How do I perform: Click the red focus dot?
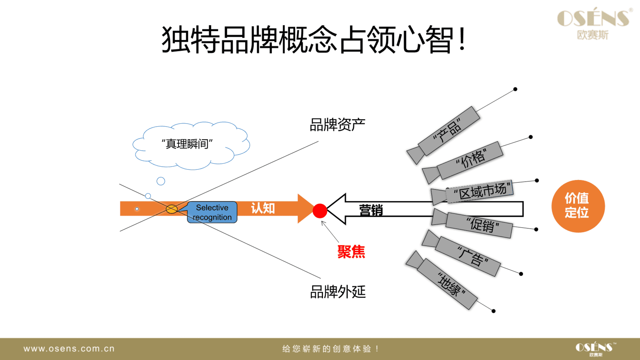click(x=320, y=211)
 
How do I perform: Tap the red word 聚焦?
click(x=351, y=252)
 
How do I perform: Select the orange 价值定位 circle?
click(x=578, y=206)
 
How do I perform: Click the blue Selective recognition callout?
click(x=212, y=212)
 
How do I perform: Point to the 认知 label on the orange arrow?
click(x=263, y=208)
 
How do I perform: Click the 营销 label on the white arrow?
click(x=371, y=210)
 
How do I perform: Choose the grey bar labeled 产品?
click(x=449, y=131)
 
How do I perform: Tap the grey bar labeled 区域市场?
click(x=479, y=191)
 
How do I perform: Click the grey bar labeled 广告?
click(x=468, y=256)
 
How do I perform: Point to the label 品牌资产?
click(x=337, y=125)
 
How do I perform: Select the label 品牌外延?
click(x=338, y=292)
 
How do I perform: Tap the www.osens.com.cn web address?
click(x=69, y=349)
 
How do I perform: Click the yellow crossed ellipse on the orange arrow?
click(x=172, y=209)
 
